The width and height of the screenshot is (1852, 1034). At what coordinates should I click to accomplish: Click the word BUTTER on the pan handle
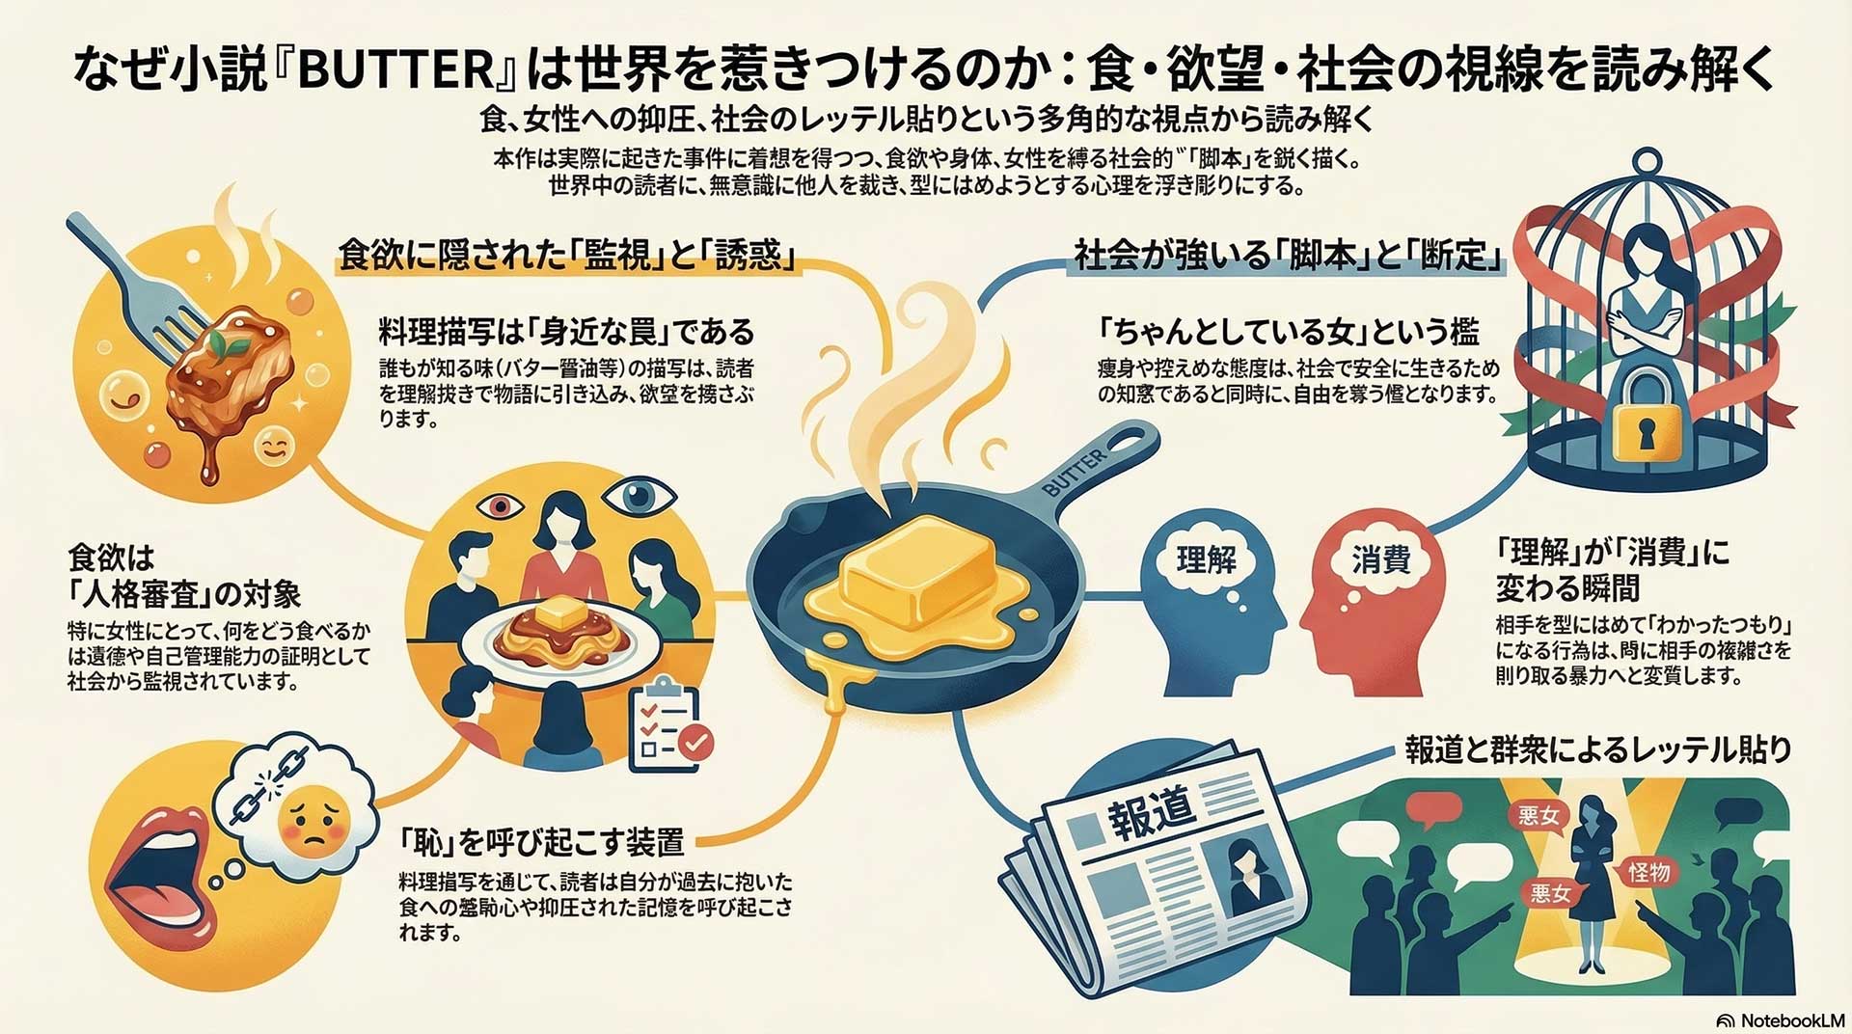pos(1075,473)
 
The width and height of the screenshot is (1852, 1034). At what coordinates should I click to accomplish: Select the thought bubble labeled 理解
pos(1205,559)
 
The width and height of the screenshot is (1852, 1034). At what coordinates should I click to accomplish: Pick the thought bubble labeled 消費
pos(1380,559)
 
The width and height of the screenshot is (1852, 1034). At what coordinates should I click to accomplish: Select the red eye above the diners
pos(499,505)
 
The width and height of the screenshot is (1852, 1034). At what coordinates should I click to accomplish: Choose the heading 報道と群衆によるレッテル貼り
pos(1597,749)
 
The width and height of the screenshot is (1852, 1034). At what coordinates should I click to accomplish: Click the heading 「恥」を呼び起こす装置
pos(542,842)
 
